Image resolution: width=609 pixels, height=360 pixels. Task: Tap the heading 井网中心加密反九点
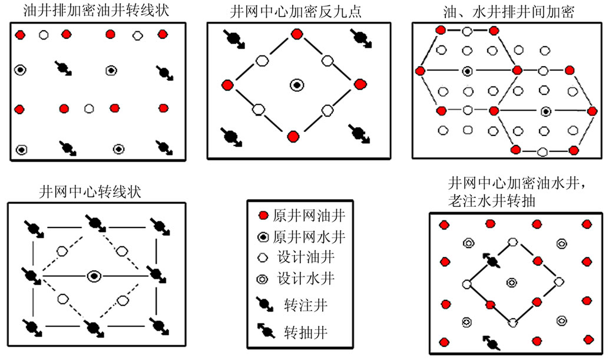pyautogui.click(x=296, y=11)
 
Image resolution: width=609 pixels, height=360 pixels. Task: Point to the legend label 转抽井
pyautogui.click(x=304, y=332)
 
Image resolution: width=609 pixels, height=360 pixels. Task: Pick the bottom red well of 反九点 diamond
pyautogui.click(x=293, y=137)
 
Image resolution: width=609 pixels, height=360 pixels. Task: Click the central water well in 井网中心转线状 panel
pyautogui.click(x=93, y=276)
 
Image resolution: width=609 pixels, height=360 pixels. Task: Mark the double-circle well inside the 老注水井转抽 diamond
pyautogui.click(x=511, y=282)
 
